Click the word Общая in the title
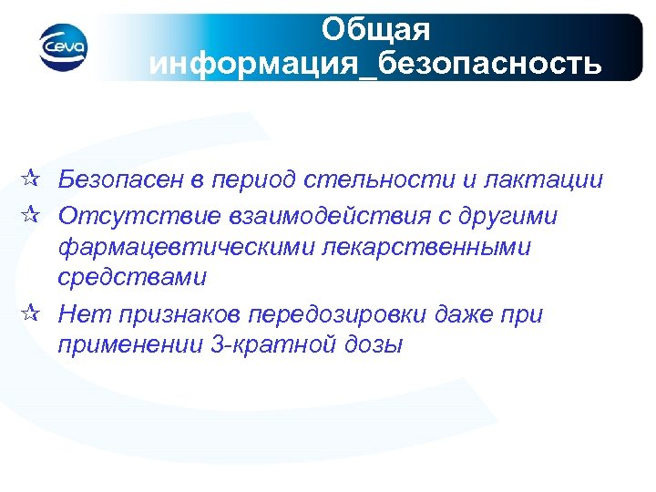(x=375, y=30)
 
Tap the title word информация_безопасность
(x=374, y=66)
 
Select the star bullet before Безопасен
(x=30, y=179)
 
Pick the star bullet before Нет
(x=30, y=315)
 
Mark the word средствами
(x=130, y=276)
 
